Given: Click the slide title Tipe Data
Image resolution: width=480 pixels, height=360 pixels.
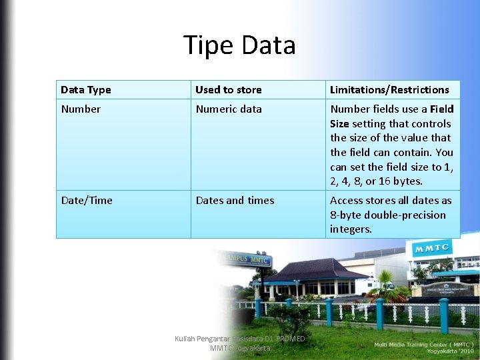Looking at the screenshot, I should (x=239, y=45).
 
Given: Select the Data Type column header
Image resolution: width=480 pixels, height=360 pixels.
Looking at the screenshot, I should (x=86, y=90).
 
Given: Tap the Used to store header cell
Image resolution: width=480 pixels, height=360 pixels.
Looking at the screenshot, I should (x=229, y=90).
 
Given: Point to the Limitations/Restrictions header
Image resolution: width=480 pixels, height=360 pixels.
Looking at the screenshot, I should (x=389, y=90).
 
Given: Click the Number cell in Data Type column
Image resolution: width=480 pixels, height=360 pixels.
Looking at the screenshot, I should (x=81, y=109).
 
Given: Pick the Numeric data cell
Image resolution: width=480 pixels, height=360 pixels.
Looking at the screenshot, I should (x=229, y=109).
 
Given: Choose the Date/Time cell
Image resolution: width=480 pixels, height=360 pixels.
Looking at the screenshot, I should (x=87, y=201).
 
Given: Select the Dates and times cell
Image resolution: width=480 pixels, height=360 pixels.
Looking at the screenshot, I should (x=235, y=201).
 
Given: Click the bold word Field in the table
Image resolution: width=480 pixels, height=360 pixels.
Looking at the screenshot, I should (x=442, y=109).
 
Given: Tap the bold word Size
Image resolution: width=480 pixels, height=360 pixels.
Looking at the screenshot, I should (x=340, y=124).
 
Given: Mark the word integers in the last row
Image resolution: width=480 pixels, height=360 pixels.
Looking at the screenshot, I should (x=351, y=229).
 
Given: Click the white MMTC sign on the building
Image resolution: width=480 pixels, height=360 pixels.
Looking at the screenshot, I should (x=433, y=249).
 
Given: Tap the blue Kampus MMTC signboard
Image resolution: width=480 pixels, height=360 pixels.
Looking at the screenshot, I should (x=245, y=259).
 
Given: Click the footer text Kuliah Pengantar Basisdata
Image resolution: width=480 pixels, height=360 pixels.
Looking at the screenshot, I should (x=239, y=339).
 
